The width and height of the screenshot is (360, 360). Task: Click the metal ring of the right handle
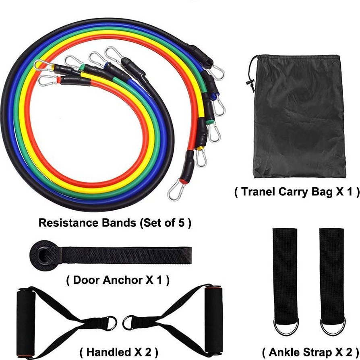point(128,322)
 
